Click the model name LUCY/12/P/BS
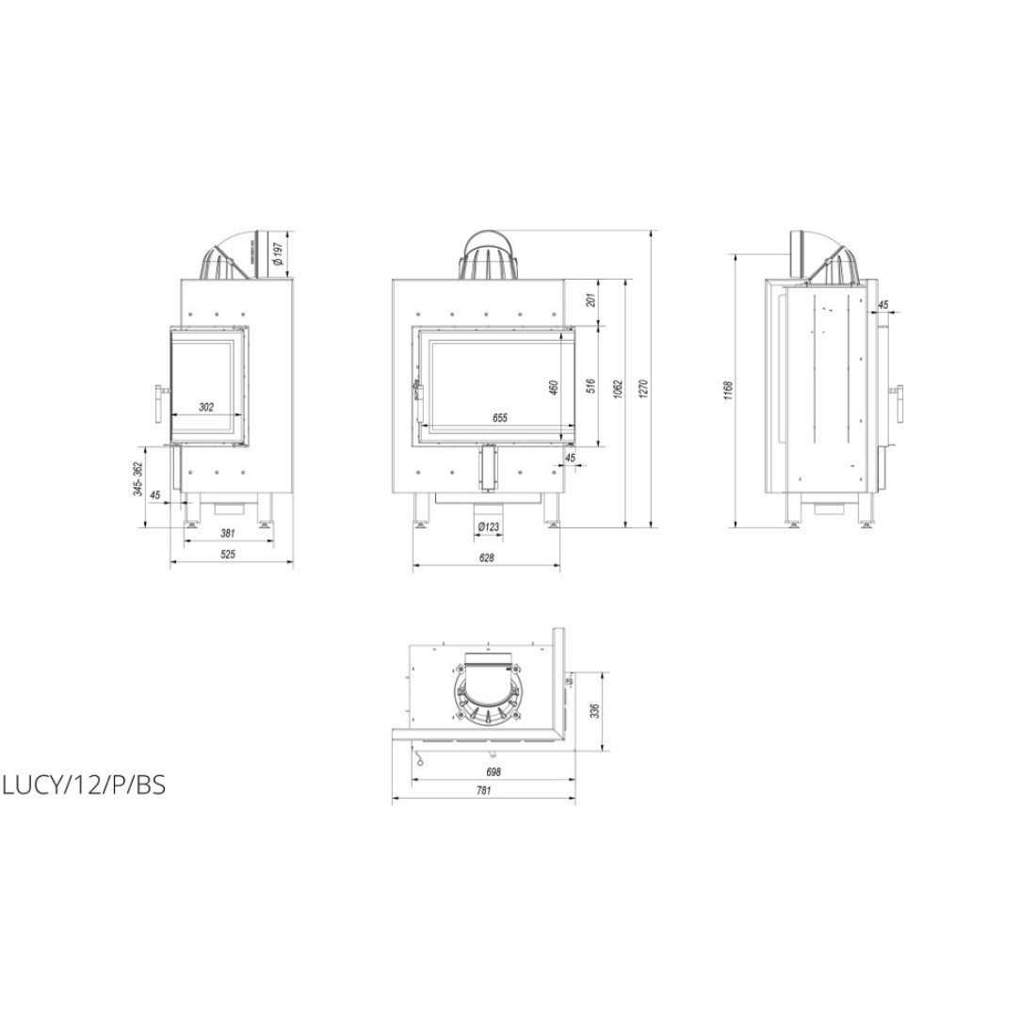[84, 785]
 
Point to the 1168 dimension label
[727, 390]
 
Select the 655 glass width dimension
[499, 417]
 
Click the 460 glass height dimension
[554, 386]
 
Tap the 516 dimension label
[591, 386]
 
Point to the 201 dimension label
[591, 299]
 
